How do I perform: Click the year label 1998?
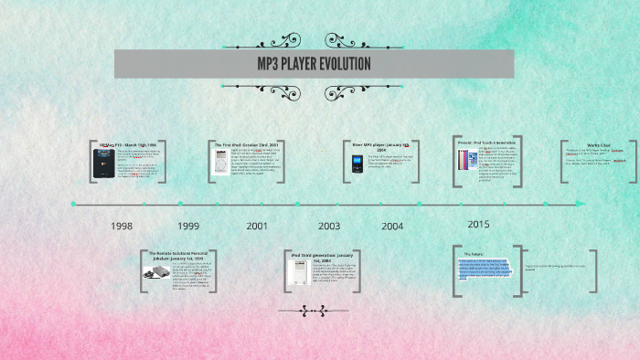coord(122,226)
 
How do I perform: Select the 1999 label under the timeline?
coord(188,226)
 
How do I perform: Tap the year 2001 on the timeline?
coord(257,226)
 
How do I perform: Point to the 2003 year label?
coord(329,226)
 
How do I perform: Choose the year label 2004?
coord(392,226)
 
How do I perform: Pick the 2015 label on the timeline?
coord(478,224)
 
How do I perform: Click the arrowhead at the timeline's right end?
coord(581,204)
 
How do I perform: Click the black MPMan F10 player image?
coord(102,163)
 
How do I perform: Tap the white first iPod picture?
coord(221,163)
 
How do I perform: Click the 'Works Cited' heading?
coord(599,144)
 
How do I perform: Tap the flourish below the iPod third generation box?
coord(300,311)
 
